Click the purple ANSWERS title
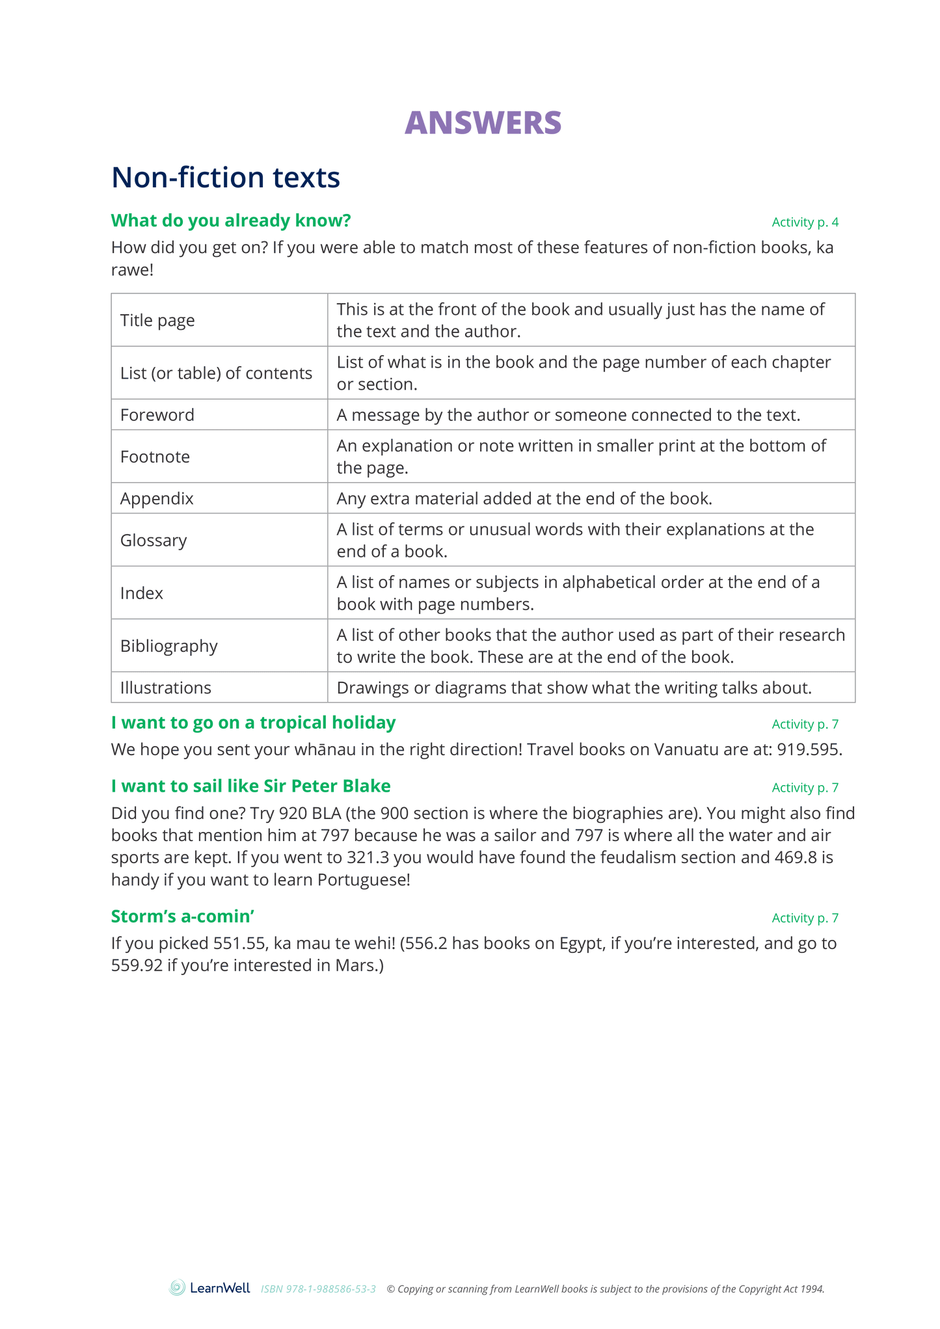[x=483, y=123]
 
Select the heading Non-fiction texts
[x=226, y=178]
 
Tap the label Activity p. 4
[x=805, y=222]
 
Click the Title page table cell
[x=157, y=321]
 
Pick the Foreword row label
[x=157, y=415]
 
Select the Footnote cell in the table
[x=155, y=457]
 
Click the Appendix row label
[x=157, y=499]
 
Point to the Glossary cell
[x=154, y=541]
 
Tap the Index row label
[x=142, y=593]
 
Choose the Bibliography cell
[x=169, y=646]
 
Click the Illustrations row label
[x=166, y=688]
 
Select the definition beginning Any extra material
[x=524, y=499]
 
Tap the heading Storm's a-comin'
[x=182, y=917]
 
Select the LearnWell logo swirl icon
[x=177, y=1287]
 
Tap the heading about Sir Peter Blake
[x=250, y=786]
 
